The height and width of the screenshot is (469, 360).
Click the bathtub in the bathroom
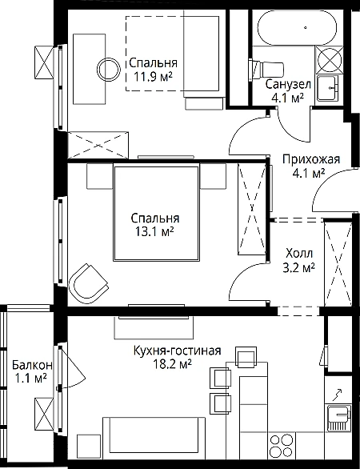pyautogui.click(x=298, y=28)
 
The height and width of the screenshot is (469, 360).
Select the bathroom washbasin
pyautogui.click(x=327, y=88)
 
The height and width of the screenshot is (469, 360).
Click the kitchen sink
pyautogui.click(x=338, y=418)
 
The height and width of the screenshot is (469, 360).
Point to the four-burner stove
pyautogui.click(x=282, y=445)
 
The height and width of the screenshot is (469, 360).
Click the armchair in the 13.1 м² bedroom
pyautogui.click(x=88, y=283)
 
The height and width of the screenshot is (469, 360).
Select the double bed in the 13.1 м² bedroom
pyautogui.click(x=156, y=213)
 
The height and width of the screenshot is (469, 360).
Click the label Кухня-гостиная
pyautogui.click(x=178, y=350)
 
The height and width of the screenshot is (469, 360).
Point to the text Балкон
pyautogui.click(x=32, y=365)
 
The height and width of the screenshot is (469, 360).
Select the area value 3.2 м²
pyautogui.click(x=298, y=267)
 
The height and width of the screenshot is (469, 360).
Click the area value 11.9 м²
pyautogui.click(x=153, y=78)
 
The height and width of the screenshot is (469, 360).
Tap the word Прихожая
pyautogui.click(x=311, y=159)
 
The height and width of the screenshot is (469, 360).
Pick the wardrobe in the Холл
pyautogui.click(x=338, y=263)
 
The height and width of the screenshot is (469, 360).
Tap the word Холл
pyautogui.click(x=299, y=254)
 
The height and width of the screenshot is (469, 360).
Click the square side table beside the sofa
pyautogui.click(x=89, y=446)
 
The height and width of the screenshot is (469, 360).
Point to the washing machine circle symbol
pyautogui.click(x=330, y=59)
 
